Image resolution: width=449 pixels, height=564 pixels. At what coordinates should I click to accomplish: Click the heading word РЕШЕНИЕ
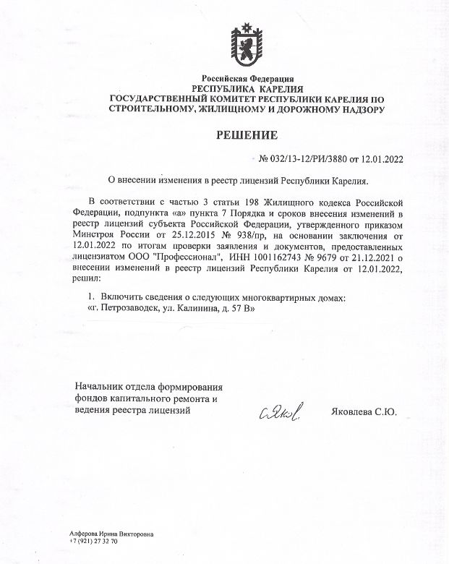click(247, 135)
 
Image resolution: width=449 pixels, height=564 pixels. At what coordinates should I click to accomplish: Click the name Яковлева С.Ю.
click(367, 412)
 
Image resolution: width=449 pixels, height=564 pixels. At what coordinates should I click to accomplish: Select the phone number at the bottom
click(94, 541)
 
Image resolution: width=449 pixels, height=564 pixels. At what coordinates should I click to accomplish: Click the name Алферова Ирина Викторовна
click(111, 534)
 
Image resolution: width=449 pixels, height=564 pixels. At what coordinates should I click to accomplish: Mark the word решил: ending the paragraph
click(87, 277)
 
